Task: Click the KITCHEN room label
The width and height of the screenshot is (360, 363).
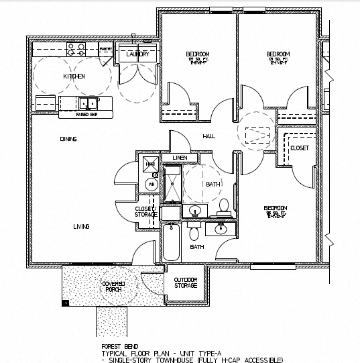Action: (x=74, y=76)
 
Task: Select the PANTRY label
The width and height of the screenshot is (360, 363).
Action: (x=105, y=50)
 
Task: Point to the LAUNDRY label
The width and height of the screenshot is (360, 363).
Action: (x=137, y=54)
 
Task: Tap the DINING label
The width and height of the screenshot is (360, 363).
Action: (x=68, y=139)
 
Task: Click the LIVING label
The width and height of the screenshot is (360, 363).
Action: (x=81, y=227)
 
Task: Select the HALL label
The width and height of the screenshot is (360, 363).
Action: (x=208, y=138)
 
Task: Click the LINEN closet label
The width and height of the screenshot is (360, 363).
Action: (x=179, y=158)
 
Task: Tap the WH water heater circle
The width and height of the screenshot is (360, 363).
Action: (x=151, y=184)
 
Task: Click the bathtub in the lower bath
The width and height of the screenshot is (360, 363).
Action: (x=172, y=243)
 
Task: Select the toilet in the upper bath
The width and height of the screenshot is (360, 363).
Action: (x=223, y=206)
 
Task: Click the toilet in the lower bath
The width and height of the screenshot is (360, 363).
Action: (x=194, y=233)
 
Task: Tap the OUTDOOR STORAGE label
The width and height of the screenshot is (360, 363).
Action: (x=186, y=282)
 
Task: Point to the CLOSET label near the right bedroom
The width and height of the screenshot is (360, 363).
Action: (x=300, y=148)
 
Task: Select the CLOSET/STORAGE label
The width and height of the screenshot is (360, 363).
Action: (x=145, y=211)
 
